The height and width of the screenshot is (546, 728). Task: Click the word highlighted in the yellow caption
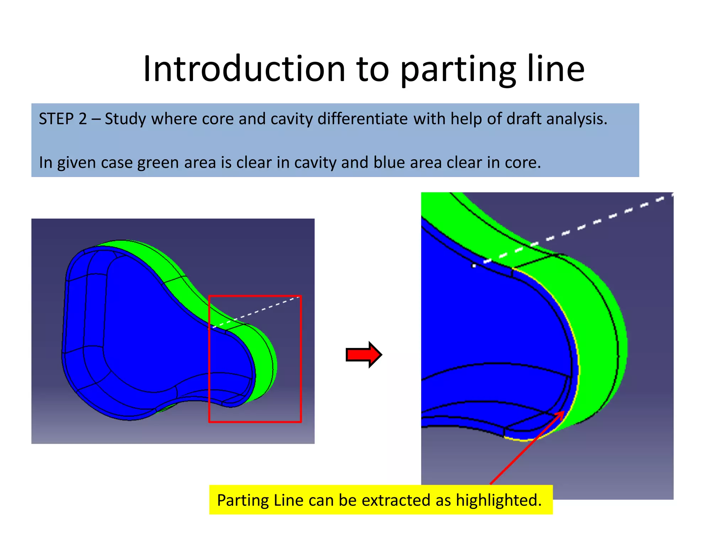pyautogui.click(x=498, y=500)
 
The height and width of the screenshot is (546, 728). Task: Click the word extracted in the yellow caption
pyautogui.click(x=396, y=500)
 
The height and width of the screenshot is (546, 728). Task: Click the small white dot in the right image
pyautogui.click(x=473, y=266)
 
